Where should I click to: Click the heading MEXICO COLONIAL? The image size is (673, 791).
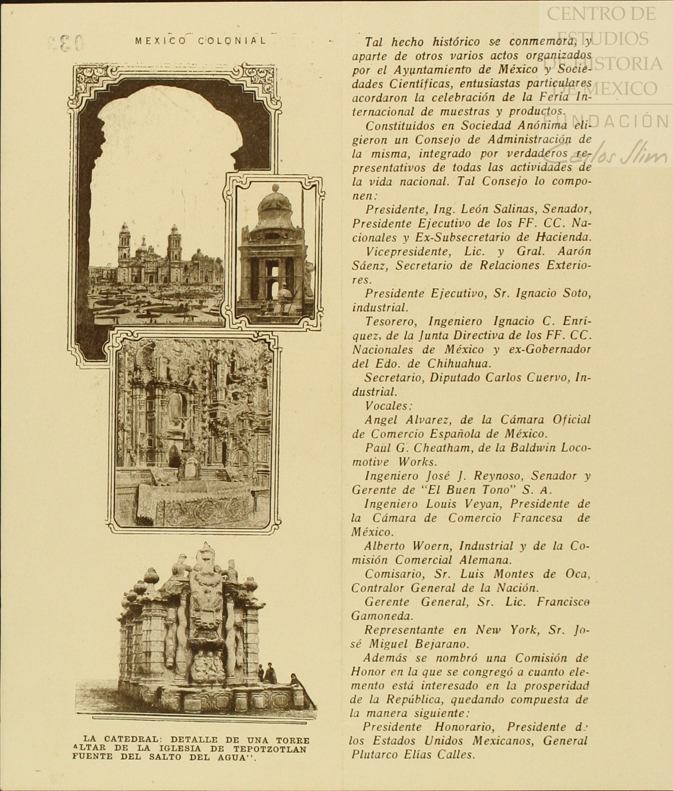pos(200,41)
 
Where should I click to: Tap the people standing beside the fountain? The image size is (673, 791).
pos(267,674)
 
